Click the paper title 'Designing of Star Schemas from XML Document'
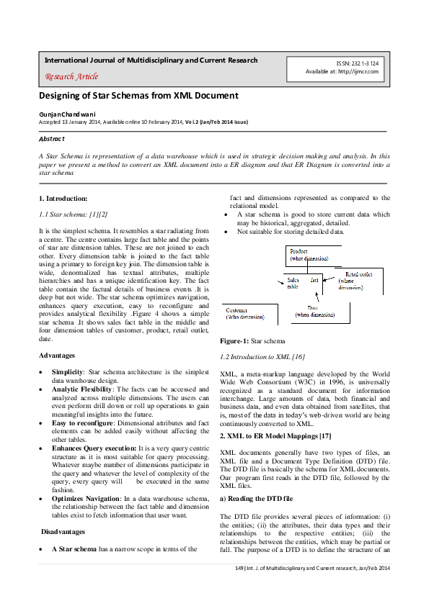[138, 96]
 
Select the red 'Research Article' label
[71, 76]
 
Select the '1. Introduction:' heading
[63, 198]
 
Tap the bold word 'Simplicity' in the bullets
[67, 371]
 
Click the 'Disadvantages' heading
[63, 532]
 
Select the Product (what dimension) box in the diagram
[309, 255]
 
